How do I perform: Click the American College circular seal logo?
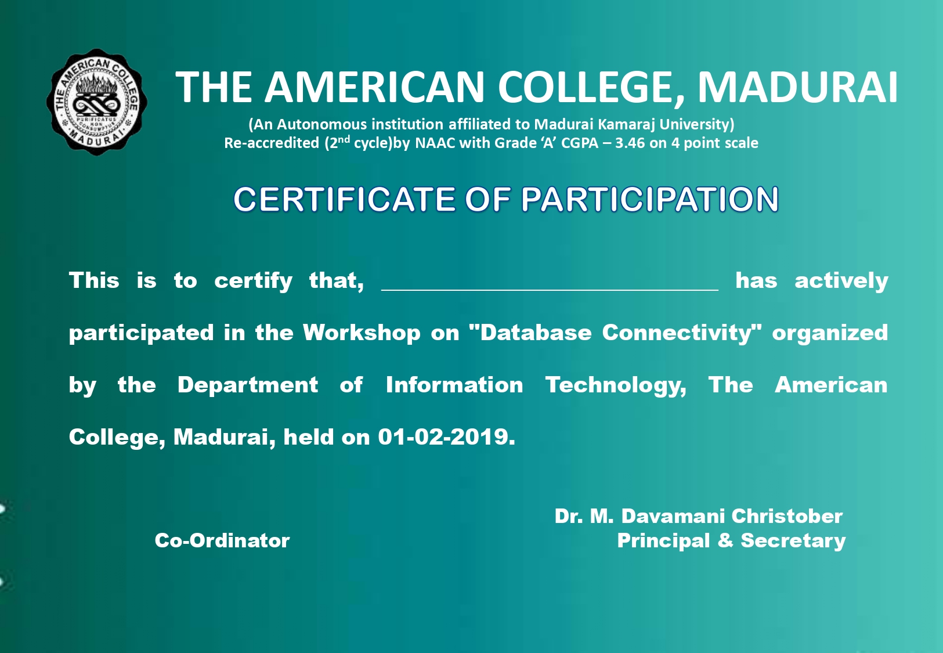(x=97, y=102)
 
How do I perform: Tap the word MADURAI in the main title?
(x=798, y=87)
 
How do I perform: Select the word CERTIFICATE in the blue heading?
(x=344, y=199)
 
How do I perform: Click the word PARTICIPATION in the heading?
(x=650, y=199)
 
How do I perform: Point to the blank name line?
(x=550, y=290)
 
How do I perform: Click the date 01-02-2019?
(x=447, y=436)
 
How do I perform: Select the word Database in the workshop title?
(x=536, y=333)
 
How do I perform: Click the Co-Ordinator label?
(x=222, y=540)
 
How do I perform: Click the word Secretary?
(x=793, y=541)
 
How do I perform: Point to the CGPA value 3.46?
(x=630, y=143)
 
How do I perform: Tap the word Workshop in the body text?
(x=362, y=333)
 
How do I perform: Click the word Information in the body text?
(x=454, y=385)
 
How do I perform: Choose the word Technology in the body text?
(x=616, y=385)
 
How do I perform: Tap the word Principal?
(x=664, y=541)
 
